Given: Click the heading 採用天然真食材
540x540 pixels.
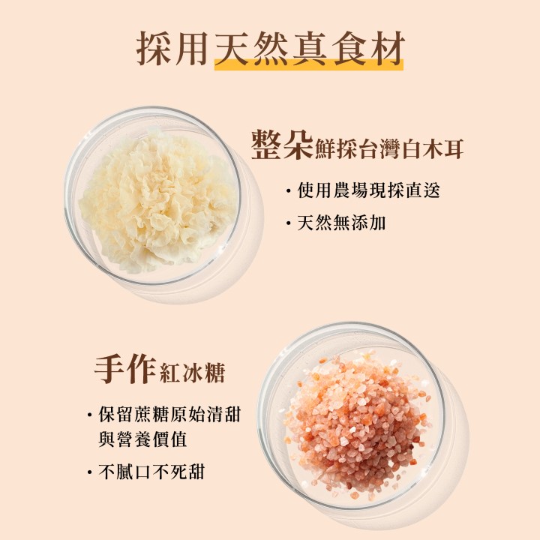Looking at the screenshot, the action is tap(270, 48).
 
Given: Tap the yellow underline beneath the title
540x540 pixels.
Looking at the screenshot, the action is tap(308, 65).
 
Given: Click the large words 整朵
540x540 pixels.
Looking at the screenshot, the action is tap(282, 145).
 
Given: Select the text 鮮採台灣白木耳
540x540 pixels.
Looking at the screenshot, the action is tap(389, 149).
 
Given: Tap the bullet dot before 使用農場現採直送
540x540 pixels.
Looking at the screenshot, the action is tap(289, 190).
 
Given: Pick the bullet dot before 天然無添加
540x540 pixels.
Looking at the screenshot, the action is tap(289, 223).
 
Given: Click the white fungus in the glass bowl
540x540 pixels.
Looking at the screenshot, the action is tap(157, 199).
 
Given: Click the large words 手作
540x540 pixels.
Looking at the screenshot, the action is tap(124, 369).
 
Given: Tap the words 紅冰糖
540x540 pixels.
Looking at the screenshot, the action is tap(193, 373).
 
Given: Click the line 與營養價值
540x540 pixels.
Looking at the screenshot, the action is tap(142, 439).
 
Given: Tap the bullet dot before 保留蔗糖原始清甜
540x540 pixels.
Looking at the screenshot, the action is tap(90, 414).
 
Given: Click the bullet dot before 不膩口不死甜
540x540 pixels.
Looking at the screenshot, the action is tap(90, 472).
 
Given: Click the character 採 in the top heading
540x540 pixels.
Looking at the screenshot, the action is tap(154, 49).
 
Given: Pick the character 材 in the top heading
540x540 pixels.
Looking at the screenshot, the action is tap(387, 49).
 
